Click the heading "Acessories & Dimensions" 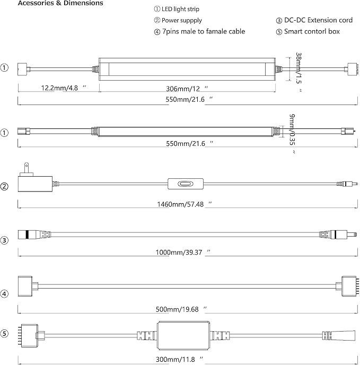coord(60,3)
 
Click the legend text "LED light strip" coord(180,9)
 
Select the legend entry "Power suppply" coord(182,21)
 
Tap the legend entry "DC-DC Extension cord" coord(318,20)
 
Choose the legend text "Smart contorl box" coord(312,31)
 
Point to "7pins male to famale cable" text coord(204,31)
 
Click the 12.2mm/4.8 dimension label coord(64,88)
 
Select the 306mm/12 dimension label coord(187,89)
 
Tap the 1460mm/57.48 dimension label coord(185,204)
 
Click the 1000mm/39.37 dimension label coord(183,253)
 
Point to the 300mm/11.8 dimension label coord(179,359)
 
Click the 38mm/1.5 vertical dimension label coord(299,72)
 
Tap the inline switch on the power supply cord coord(186,184)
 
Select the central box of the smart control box coord(183,336)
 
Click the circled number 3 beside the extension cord coord(4,240)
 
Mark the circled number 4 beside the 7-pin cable coord(4,294)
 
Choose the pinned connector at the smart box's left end coord(29,336)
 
